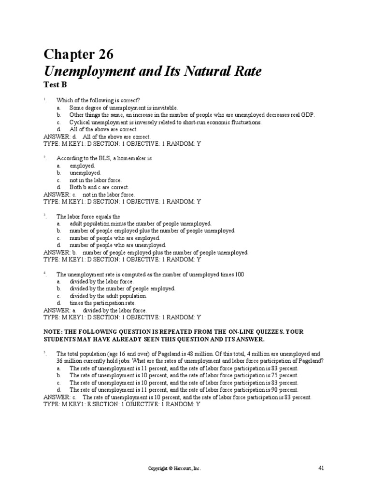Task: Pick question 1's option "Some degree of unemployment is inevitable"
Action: tap(124, 108)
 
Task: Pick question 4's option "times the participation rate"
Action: tap(99, 303)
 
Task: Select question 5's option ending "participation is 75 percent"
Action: tap(184, 375)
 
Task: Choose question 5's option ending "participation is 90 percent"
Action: tap(184, 390)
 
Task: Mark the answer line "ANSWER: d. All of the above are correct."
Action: tap(90, 137)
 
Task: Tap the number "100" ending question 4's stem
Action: tap(239, 274)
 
